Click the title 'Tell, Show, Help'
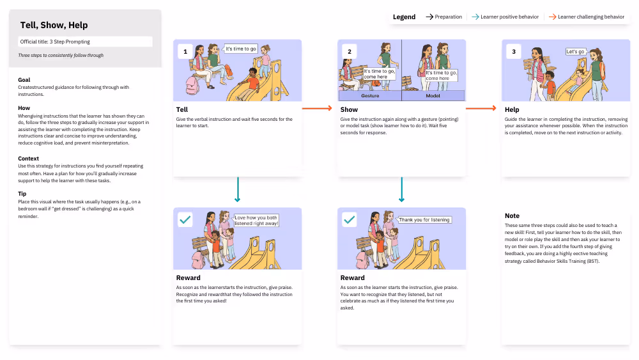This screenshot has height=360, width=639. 54,26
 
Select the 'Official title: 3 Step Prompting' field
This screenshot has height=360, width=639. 85,42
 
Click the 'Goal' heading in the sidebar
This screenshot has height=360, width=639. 24,80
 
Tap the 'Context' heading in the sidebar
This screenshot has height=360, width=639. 29,159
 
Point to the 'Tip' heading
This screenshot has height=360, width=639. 22,194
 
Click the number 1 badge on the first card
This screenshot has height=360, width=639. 185,51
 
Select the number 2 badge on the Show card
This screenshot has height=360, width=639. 350,51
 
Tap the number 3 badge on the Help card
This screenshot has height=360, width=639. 514,51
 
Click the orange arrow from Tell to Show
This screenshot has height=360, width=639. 317,109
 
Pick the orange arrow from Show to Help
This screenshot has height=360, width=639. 481,109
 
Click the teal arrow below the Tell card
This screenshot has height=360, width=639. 238,189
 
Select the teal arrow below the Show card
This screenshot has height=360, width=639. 401,189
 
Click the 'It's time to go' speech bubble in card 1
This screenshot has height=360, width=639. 240,49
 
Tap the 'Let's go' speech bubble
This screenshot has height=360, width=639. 576,52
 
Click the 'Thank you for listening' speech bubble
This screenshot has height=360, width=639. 424,220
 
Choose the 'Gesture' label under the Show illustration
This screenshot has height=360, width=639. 370,96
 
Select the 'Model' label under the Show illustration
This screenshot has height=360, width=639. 433,96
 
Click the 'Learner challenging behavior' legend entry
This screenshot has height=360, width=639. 587,17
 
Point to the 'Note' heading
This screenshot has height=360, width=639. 512,216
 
